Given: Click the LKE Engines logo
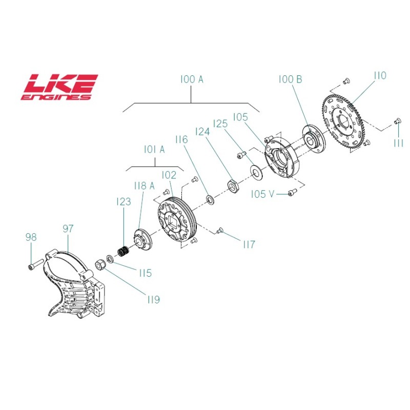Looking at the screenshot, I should pos(59,87).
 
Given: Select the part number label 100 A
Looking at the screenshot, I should pos(192,79).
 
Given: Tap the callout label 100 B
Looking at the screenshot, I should pos(291,79).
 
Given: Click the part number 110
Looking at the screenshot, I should pos(380,76).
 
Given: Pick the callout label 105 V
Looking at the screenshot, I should pos(263,194).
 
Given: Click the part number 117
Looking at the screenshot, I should pos(249,245).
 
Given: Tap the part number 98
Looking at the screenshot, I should pos(31,237).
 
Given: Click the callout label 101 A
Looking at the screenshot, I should pos(154,149).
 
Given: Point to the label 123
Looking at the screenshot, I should pos(124,202).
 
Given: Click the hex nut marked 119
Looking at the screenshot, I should pos(101,264).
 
